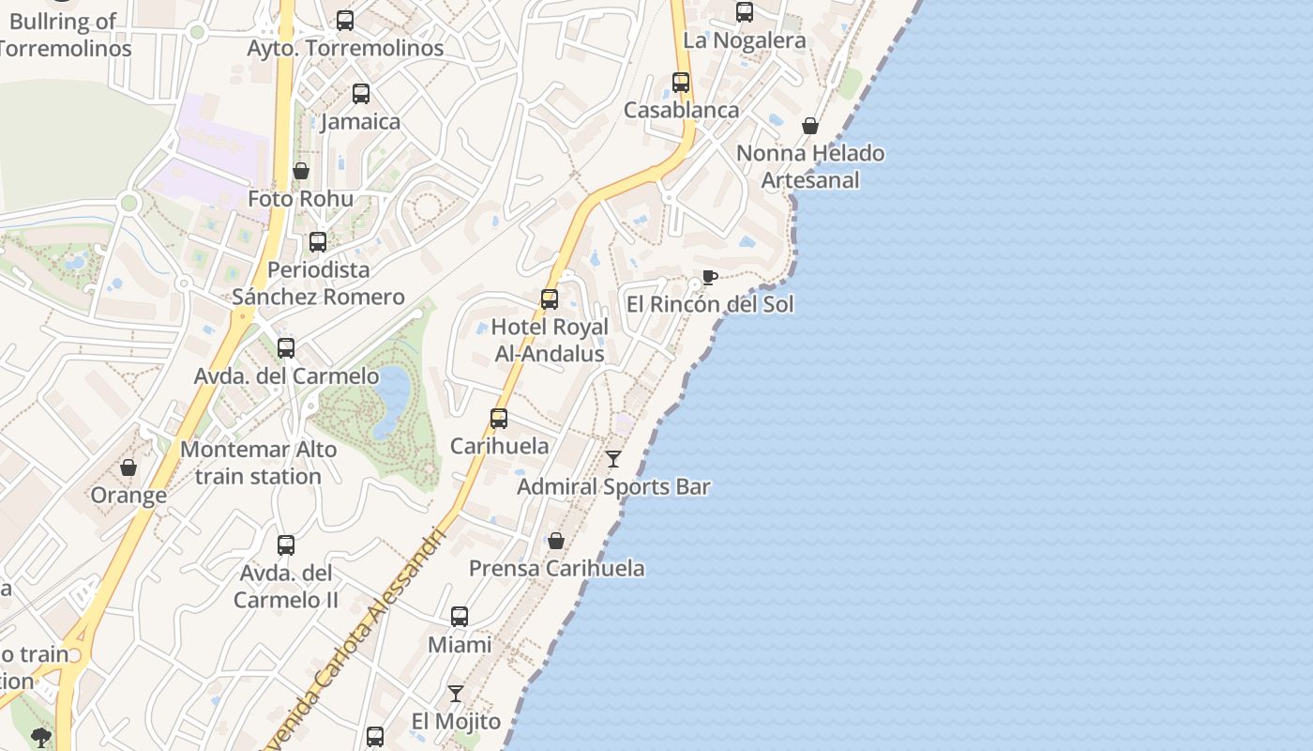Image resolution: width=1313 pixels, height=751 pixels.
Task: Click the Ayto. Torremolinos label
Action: pyautogui.click(x=345, y=48)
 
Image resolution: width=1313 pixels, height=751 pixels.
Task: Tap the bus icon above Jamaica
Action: pyautogui.click(x=361, y=94)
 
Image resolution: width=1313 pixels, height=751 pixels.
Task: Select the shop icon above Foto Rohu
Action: pyautogui.click(x=301, y=171)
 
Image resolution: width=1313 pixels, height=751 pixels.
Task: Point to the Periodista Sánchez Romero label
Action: pyautogui.click(x=319, y=284)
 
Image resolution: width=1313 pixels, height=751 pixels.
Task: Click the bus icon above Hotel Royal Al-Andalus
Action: pyautogui.click(x=550, y=299)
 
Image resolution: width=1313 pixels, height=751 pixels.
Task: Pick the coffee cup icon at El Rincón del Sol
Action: pyautogui.click(x=709, y=277)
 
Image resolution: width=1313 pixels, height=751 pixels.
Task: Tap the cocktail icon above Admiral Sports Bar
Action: pyautogui.click(x=613, y=459)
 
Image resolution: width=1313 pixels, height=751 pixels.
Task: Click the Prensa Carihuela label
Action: pyautogui.click(x=557, y=568)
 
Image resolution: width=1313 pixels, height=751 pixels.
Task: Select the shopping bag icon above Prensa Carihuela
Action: pyautogui.click(x=556, y=541)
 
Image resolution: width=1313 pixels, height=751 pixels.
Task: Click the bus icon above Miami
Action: pyautogui.click(x=460, y=617)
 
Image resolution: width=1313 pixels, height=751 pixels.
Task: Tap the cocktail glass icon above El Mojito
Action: pyautogui.click(x=456, y=694)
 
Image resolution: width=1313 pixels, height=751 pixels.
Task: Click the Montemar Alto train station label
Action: pyautogui.click(x=258, y=463)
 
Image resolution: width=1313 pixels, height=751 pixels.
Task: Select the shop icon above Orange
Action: pyautogui.click(x=128, y=467)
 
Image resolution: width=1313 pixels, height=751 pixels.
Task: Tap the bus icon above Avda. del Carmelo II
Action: pyautogui.click(x=286, y=545)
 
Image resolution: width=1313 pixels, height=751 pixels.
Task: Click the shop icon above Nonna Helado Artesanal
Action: pyautogui.click(x=810, y=126)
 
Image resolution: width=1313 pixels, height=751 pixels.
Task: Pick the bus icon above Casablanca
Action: pyautogui.click(x=681, y=83)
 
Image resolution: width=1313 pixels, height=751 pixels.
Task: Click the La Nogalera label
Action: pyautogui.click(x=745, y=40)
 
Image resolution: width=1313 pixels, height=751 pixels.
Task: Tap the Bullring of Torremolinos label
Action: pyautogui.click(x=64, y=35)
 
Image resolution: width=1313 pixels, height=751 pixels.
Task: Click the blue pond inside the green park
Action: pyautogui.click(x=391, y=401)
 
